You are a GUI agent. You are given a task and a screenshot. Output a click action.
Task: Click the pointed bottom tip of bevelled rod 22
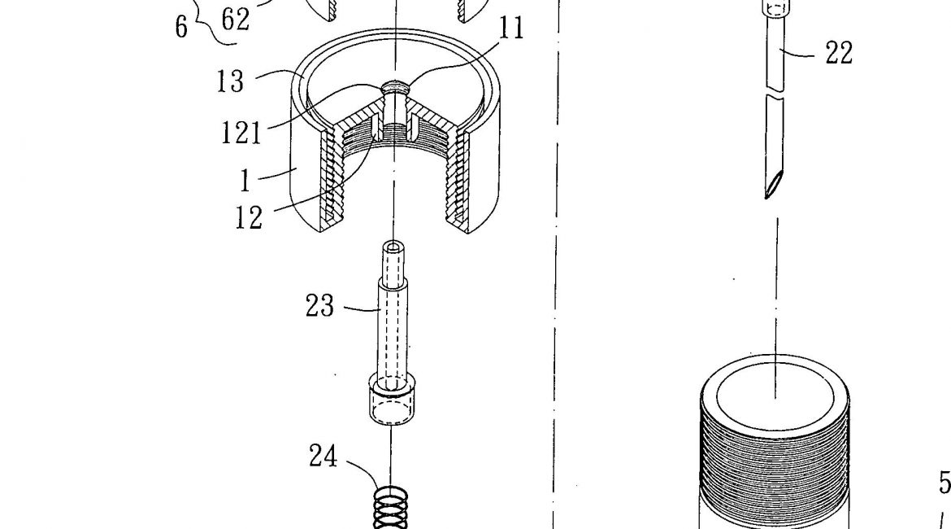pos(766,198)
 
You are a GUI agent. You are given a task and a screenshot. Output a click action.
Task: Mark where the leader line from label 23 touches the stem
pos(380,310)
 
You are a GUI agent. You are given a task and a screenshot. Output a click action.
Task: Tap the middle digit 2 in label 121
pos(241,133)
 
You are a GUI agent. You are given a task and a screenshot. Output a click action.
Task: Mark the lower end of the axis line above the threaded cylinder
pos(776,398)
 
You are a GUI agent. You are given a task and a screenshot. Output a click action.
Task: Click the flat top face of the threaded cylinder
pos(775,396)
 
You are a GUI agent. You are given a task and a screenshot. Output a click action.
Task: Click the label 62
pos(236,20)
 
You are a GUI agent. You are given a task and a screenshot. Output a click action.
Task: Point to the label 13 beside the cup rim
pos(231,81)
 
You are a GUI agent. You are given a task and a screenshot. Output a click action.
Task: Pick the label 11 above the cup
pos(510,28)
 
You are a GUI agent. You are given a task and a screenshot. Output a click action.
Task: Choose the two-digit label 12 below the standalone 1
pos(250,217)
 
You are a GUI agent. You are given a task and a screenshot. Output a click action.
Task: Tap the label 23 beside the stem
pos(319,306)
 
